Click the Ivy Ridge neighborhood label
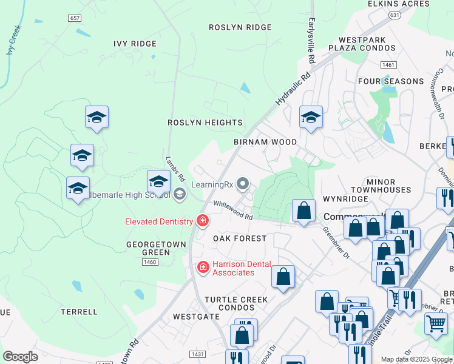pos(135,44)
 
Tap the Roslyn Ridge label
pos(240,27)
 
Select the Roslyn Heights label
pos(205,123)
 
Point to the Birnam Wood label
pos(265,142)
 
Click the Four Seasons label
pos(391,81)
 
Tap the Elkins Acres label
pos(398,4)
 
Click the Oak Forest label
pos(240,238)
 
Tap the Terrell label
pos(79,312)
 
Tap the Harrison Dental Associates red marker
pos(203,267)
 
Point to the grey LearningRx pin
pos(243,183)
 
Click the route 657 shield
pos(75,18)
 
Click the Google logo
pos(20,357)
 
